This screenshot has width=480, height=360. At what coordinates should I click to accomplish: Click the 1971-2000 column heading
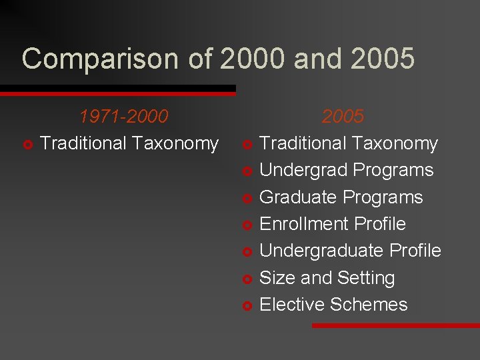123,117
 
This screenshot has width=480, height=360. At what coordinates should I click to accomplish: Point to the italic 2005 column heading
343,117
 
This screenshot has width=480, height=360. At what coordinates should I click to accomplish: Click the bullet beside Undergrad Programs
247,171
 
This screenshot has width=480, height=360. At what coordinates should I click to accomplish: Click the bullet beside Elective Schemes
247,305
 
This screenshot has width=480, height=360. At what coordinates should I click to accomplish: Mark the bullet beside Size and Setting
247,279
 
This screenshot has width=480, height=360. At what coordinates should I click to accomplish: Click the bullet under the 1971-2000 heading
27,144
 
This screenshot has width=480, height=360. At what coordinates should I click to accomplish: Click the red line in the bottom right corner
396,325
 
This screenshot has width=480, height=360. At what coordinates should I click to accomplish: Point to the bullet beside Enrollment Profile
247,225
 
